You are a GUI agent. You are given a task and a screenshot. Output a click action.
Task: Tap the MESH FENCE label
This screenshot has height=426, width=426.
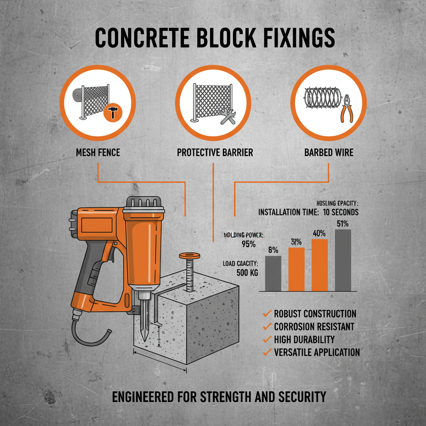click(x=98, y=152)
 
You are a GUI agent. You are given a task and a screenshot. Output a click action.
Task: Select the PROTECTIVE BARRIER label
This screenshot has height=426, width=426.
click(x=215, y=152)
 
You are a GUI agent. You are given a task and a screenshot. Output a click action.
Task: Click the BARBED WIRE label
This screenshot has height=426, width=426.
click(x=329, y=152)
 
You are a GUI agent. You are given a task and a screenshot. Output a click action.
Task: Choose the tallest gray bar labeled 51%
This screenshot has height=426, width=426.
click(x=343, y=260)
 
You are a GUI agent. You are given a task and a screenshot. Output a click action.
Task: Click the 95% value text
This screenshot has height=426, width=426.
click(x=248, y=244)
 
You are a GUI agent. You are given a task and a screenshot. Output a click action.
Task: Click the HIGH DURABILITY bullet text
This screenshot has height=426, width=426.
click(x=304, y=339)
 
